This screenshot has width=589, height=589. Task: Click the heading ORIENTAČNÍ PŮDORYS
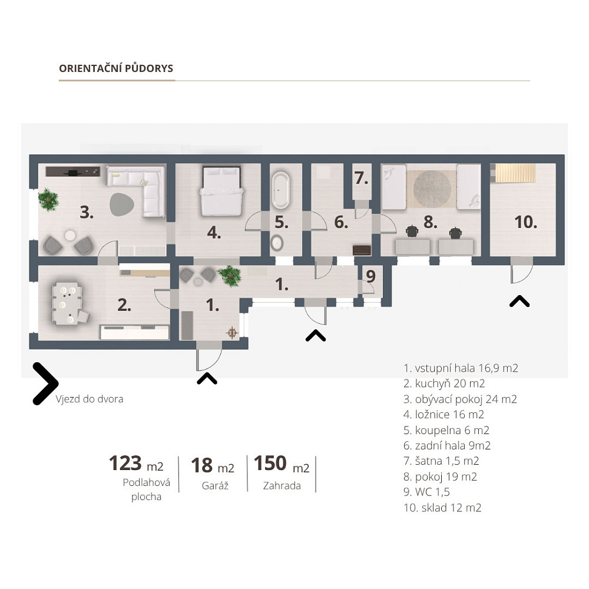[x=116, y=68]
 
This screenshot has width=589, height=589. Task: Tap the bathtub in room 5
[x=280, y=190]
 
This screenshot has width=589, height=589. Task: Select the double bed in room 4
[x=221, y=191]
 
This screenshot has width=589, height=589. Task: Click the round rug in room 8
[x=432, y=189]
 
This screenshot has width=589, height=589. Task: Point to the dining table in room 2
[x=67, y=303]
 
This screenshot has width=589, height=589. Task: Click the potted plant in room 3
[x=48, y=200]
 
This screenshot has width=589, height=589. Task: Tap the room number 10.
[x=525, y=222]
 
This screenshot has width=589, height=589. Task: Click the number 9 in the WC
[x=370, y=276]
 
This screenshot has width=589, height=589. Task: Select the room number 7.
[x=362, y=178]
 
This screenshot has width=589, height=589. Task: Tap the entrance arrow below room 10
[x=519, y=301]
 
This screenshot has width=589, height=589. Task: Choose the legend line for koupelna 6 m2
[x=446, y=430]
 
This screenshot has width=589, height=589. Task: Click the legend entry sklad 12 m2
[x=442, y=508]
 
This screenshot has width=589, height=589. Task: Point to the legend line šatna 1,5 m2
[x=441, y=461]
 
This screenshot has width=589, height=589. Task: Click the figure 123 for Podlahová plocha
[x=125, y=463]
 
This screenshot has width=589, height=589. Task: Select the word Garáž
[x=215, y=486]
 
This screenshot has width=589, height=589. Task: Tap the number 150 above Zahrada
[x=270, y=463]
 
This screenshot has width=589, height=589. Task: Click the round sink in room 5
[x=277, y=243]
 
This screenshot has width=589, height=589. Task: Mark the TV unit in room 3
[x=73, y=171]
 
